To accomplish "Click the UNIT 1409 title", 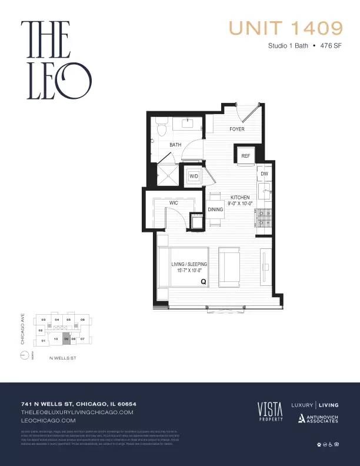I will coord(285,28).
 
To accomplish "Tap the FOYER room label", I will coord(236,129).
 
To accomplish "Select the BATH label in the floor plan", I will coord(175,144).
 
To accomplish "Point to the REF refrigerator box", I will coord(246,156).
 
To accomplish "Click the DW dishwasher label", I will coord(265,174).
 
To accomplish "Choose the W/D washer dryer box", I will coord(194,176).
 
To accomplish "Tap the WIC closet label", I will coord(174,202).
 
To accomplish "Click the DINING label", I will coord(215,209).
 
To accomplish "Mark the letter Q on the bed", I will coord(204,282).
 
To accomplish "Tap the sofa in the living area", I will coord(229,266).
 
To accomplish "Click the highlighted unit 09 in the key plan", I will coord(66,339).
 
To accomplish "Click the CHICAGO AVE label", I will coord(22,332).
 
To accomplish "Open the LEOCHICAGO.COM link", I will coord(48,421).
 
